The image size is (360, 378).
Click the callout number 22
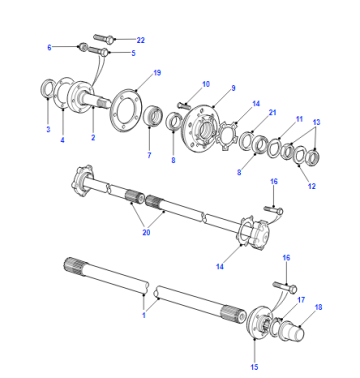141,40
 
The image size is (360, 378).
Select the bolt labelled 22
104,38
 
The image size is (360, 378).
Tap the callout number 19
157,73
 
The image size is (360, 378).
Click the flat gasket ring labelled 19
126,111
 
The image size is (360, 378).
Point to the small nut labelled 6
83,46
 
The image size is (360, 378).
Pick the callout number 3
48,129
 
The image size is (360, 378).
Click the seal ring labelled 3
48,88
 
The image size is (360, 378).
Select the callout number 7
149,155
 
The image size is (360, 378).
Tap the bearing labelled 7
153,115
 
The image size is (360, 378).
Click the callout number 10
206,84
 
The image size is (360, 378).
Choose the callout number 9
233,88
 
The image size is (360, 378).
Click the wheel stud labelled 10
183,105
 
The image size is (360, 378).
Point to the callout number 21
273,113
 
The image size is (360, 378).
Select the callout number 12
312,186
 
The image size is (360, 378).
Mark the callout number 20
146,232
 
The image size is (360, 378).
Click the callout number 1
144,315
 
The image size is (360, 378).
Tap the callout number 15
254,367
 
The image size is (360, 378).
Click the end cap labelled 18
292,331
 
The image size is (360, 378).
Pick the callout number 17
301,300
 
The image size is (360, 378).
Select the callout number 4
62,140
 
